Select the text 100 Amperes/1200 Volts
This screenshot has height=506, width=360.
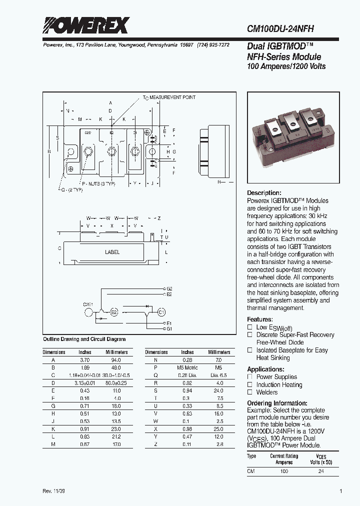(286, 66)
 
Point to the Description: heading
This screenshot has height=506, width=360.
(264, 193)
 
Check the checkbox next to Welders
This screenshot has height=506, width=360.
(250, 392)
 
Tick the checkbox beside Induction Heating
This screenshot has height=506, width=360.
(250, 384)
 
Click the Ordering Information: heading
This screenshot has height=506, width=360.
(277, 403)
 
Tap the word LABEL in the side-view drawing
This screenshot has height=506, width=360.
(112, 252)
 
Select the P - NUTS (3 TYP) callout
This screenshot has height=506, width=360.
(98, 184)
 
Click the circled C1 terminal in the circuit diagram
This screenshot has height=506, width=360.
(161, 312)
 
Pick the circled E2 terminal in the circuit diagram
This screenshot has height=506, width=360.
(113, 312)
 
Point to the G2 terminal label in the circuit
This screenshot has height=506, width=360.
(169, 289)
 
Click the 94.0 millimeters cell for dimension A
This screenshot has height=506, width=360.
(115, 359)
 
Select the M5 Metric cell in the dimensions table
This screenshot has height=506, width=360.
(187, 366)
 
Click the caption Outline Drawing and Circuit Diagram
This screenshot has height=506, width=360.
(84, 339)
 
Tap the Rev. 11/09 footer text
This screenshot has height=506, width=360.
(54, 491)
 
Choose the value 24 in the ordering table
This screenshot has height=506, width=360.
(322, 471)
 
